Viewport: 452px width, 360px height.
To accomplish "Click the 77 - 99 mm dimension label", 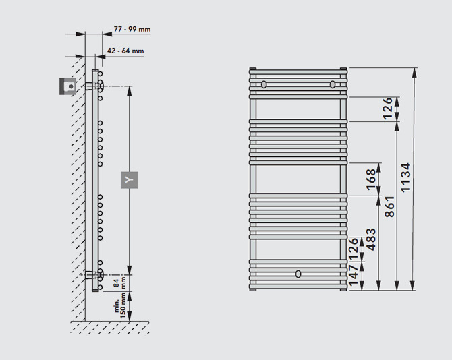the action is point(132,29).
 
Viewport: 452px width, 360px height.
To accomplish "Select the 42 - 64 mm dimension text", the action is point(125,51).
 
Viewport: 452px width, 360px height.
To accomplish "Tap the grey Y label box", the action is point(130,180).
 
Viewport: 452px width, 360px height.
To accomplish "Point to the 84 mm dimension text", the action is point(119,283).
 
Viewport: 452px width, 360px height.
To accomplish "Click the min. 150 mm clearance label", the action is point(120,306).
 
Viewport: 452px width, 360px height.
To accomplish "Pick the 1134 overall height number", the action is point(405,177).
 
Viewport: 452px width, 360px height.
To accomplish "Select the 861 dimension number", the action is point(389,206).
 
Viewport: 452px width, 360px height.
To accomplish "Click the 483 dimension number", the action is point(371,239).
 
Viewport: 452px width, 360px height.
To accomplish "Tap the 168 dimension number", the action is point(371,180).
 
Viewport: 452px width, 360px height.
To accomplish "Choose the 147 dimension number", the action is point(354,275).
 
